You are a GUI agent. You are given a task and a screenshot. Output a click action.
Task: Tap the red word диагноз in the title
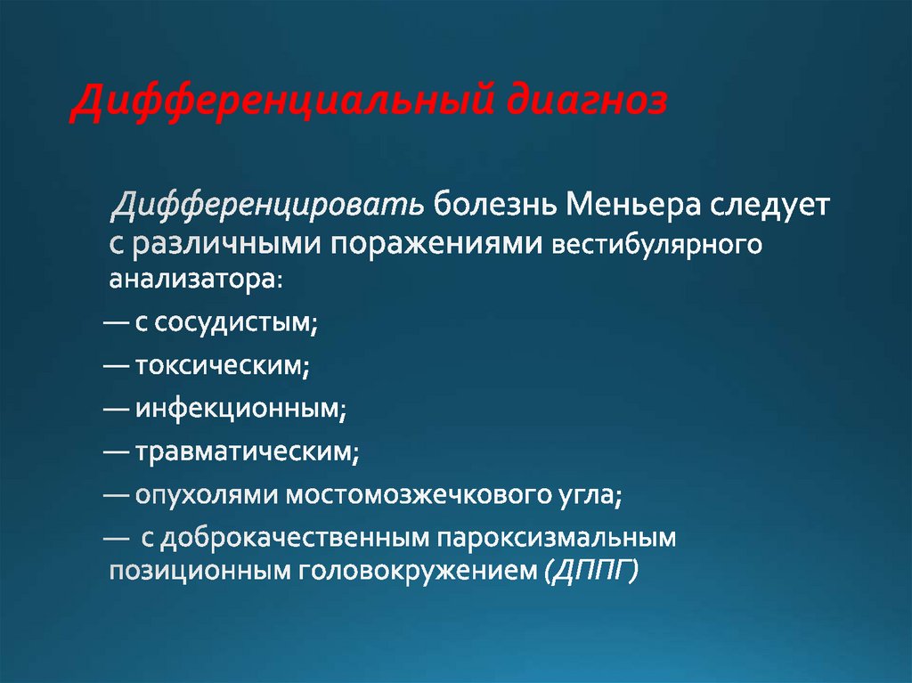(x=587, y=102)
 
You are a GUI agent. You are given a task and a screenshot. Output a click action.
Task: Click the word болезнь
(x=495, y=205)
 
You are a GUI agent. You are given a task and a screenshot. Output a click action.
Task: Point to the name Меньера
(x=633, y=205)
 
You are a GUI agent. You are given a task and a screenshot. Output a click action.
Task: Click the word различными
(x=227, y=244)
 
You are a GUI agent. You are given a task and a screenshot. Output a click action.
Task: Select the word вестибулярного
(x=656, y=244)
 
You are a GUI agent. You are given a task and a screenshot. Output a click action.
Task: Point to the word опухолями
(x=207, y=495)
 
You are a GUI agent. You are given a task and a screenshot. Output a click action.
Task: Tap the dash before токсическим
(x=116, y=365)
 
